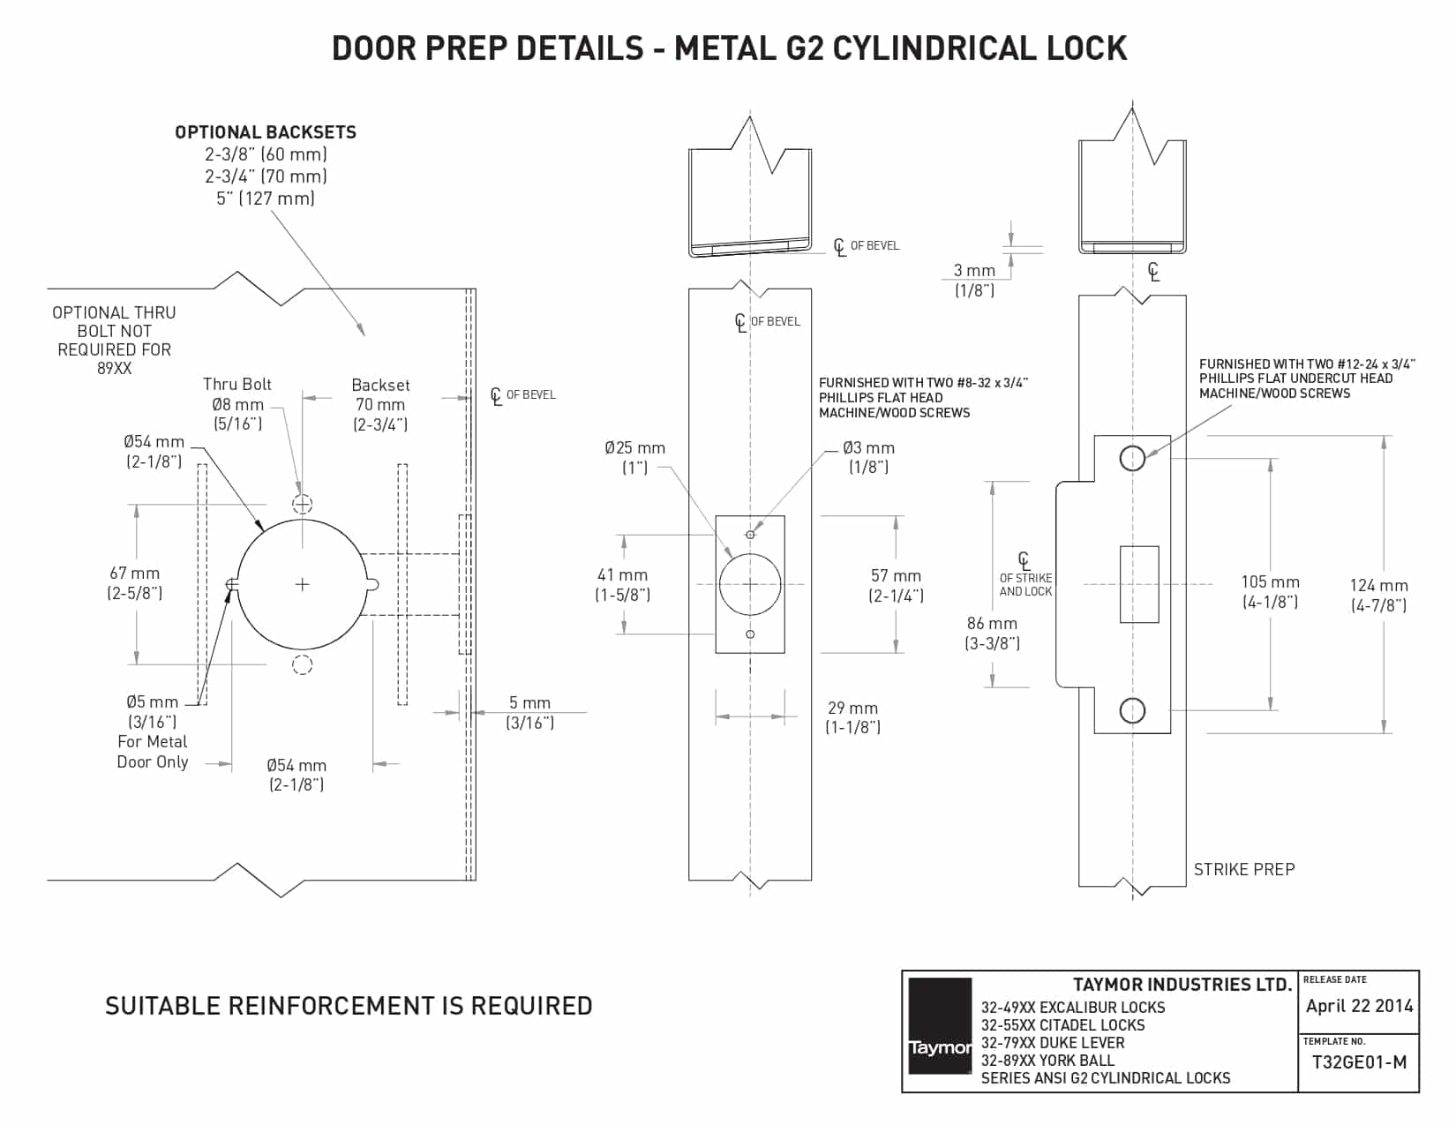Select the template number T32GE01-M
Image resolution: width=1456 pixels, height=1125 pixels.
[x=1359, y=1062]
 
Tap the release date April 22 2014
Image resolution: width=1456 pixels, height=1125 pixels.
[x=1359, y=1006]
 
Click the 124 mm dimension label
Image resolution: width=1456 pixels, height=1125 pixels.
[x=1378, y=586]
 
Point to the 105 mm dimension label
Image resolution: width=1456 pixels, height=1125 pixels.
[x=1270, y=582]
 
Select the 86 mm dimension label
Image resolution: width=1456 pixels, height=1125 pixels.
[x=992, y=624]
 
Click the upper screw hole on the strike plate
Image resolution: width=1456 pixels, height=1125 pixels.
[x=1132, y=458]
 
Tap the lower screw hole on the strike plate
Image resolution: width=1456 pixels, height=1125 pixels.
[x=1132, y=710]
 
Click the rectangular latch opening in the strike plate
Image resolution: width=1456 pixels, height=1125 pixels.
[x=1139, y=584]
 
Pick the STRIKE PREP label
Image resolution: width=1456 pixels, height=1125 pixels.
[x=1244, y=869]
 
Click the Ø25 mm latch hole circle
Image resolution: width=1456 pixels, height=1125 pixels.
[x=750, y=584]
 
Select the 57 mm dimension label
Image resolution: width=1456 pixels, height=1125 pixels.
[x=896, y=576]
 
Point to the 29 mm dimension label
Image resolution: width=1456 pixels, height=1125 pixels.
[x=852, y=708]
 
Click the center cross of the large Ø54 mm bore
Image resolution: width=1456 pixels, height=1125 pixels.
[x=302, y=584]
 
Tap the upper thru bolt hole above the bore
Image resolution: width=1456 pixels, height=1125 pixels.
[x=303, y=504]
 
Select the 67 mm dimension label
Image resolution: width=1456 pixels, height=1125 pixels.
[x=135, y=574]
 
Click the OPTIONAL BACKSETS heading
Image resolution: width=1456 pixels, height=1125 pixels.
[x=266, y=132]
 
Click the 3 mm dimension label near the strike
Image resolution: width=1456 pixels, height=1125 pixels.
[x=974, y=271]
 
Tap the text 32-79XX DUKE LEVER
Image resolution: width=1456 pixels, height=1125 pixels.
[x=1053, y=1042]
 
